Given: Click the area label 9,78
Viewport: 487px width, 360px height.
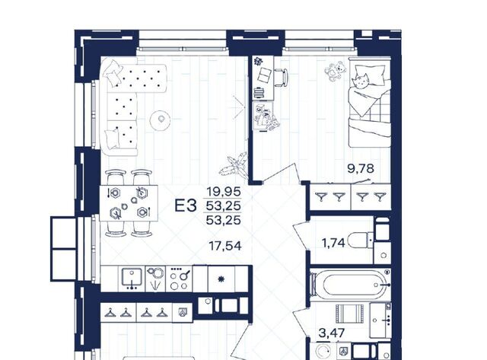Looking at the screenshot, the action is (x=361, y=169).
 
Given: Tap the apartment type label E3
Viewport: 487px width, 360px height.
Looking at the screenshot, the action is (x=186, y=205).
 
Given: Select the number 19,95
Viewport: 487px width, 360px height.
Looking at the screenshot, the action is (x=224, y=192).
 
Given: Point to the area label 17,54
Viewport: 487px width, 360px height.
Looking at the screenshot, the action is (x=225, y=246).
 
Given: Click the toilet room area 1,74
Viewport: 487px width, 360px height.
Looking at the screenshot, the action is (x=333, y=243).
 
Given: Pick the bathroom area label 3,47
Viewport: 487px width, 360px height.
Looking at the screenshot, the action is (x=332, y=333).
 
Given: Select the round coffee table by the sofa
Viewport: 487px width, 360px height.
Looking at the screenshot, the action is (x=161, y=120).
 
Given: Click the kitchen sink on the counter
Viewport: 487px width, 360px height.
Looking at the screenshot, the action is (x=132, y=279).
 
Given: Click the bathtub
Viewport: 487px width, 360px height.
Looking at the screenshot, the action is (x=355, y=285).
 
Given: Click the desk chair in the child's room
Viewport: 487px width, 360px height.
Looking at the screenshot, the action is (x=282, y=78).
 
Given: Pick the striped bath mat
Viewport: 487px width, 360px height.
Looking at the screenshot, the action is (x=350, y=314).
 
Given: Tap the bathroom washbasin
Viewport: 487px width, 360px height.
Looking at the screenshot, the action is (x=380, y=320).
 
